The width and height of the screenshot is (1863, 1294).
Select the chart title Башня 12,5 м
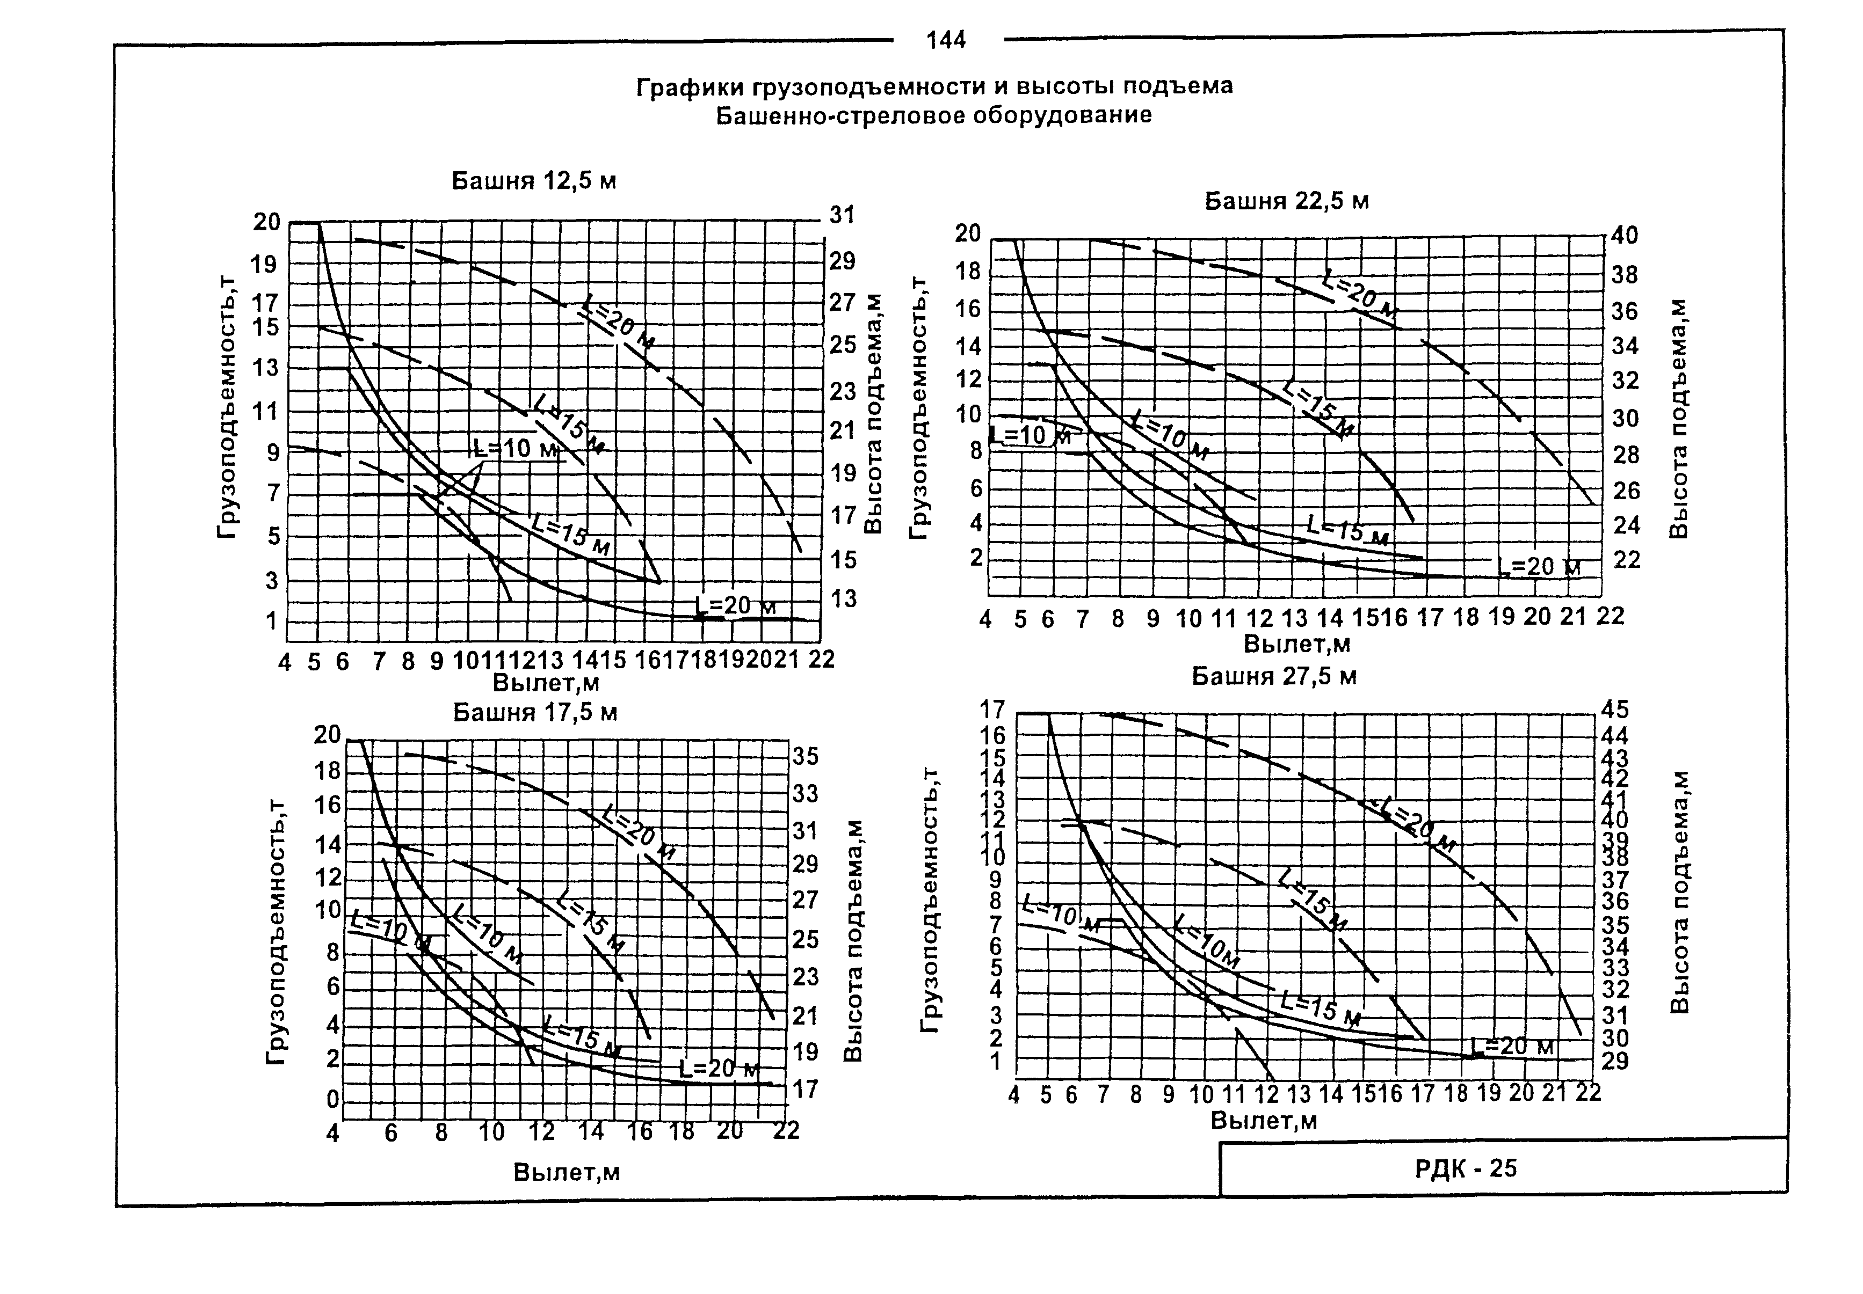pyautogui.click(x=534, y=181)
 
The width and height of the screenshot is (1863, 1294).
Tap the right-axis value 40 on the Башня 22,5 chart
pyautogui.click(x=1625, y=236)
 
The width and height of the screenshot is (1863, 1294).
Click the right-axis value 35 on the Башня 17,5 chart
pyautogui.click(x=806, y=756)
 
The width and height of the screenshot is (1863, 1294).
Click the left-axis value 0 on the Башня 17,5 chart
pyautogui.click(x=332, y=1101)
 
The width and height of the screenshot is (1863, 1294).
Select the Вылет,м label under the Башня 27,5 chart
pyautogui.click(x=1264, y=1121)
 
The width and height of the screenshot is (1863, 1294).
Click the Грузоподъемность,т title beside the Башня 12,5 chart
pyautogui.click(x=227, y=405)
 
